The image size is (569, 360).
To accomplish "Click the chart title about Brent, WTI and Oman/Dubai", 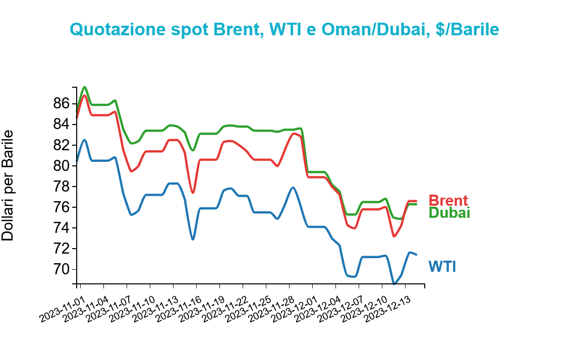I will pos(284,29).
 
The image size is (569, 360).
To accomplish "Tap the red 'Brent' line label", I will pos(448,201).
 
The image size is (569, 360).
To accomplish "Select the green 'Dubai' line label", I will pos(449,213).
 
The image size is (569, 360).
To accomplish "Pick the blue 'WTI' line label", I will pos(442,266).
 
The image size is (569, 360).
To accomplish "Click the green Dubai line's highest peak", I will pos(85,87).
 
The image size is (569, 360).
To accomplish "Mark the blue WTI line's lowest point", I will pos(394,284).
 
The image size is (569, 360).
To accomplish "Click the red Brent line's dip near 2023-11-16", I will pos(193,193).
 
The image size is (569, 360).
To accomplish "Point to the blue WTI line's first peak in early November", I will pos(85,140).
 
